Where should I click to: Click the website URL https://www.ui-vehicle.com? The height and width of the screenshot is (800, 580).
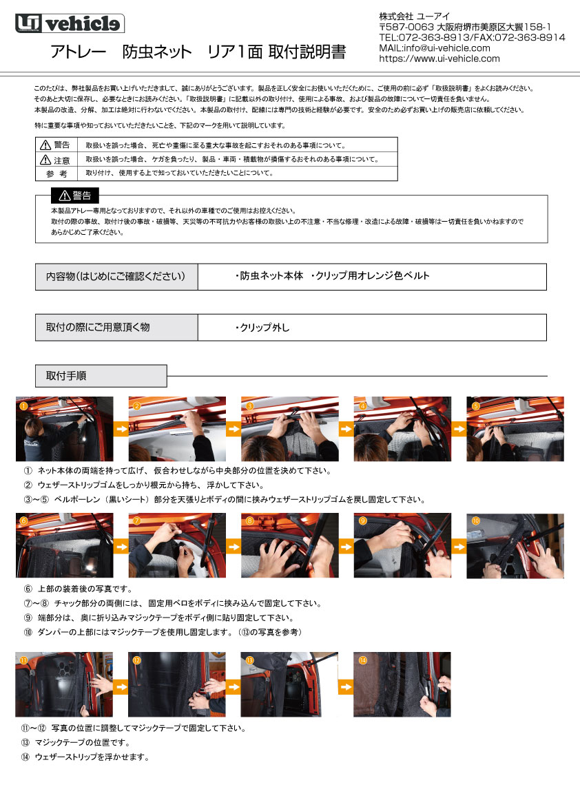pyautogui.click(x=439, y=59)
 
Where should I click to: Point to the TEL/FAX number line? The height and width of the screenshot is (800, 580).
pyautogui.click(x=472, y=37)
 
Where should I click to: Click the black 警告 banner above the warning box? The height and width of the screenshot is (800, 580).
pyautogui.click(x=74, y=195)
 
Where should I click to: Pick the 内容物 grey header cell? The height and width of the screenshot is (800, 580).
pyautogui.click(x=116, y=276)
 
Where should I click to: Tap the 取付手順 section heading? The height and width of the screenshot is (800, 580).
pyautogui.click(x=101, y=376)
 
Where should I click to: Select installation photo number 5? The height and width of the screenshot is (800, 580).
pyautogui.click(x=515, y=429)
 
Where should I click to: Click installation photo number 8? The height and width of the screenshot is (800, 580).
pyautogui.click(x=289, y=545)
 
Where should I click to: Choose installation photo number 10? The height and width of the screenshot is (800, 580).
pyautogui.click(x=515, y=545)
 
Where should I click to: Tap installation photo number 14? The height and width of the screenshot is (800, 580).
pyautogui.click(x=402, y=684)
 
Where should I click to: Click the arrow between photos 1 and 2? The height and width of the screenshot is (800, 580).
pyautogui.click(x=121, y=429)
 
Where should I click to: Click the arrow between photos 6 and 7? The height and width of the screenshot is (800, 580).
pyautogui.click(x=121, y=546)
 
